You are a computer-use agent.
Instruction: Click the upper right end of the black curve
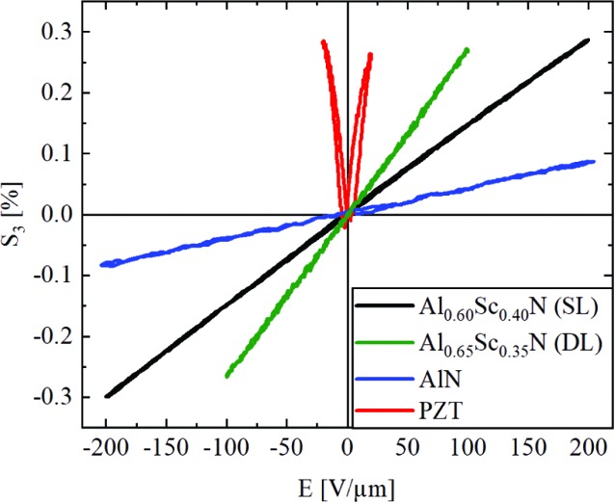588,40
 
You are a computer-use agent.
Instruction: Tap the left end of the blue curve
102,264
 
